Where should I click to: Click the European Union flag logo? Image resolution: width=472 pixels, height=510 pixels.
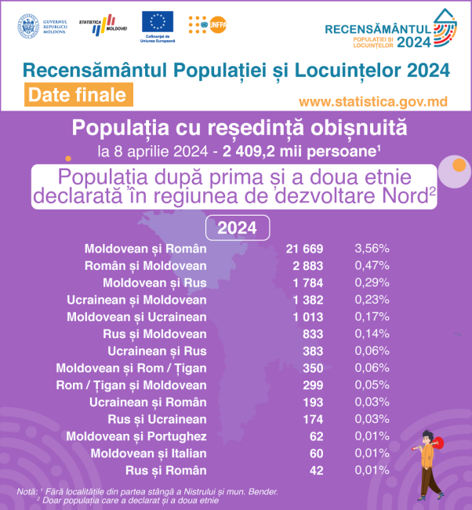(158, 22)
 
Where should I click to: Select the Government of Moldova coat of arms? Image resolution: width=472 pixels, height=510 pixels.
(28, 25)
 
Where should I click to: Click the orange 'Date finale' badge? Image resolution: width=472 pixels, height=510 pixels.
(76, 95)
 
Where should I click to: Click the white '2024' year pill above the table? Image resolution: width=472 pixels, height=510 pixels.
(237, 228)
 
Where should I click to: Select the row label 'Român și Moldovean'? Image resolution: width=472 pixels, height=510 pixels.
(145, 266)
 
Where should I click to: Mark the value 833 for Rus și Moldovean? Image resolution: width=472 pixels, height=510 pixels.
(312, 334)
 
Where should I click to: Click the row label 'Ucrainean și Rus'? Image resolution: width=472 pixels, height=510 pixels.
(157, 351)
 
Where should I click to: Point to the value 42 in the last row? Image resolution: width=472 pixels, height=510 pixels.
(315, 471)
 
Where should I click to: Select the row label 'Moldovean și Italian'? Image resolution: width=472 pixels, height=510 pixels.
(148, 454)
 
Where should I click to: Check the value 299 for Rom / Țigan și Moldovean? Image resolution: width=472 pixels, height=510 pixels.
(312, 385)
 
